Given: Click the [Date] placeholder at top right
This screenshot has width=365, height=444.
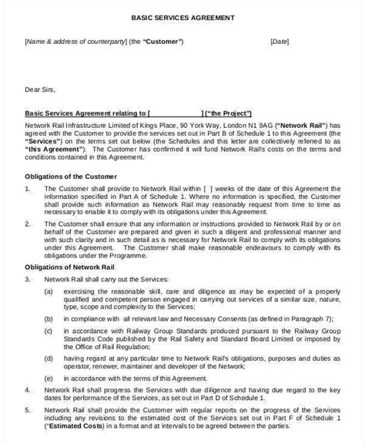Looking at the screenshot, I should point(280,42).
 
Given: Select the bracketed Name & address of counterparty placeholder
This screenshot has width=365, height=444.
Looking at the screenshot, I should point(73,42).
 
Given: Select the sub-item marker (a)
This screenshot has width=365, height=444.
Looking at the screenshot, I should point(49,294).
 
